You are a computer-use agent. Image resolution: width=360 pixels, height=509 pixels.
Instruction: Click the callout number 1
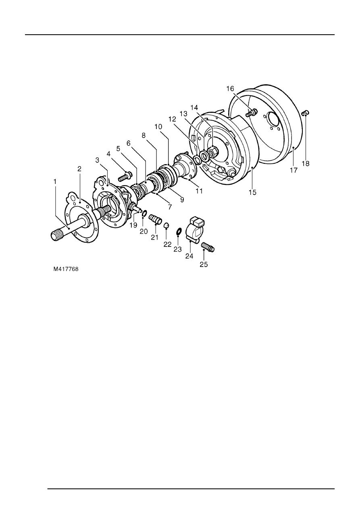coord(55,182)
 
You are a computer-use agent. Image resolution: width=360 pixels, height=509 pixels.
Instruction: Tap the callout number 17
coord(293,171)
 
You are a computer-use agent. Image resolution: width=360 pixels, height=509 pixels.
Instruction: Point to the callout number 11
coord(199,191)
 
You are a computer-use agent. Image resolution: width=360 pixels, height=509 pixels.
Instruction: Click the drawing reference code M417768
coord(67,267)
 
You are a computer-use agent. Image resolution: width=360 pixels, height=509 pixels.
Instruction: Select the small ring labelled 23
coord(178,232)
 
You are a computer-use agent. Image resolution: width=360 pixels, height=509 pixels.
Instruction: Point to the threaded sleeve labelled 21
coord(155,220)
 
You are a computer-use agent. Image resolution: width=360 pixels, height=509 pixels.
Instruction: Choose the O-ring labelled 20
coord(144,213)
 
